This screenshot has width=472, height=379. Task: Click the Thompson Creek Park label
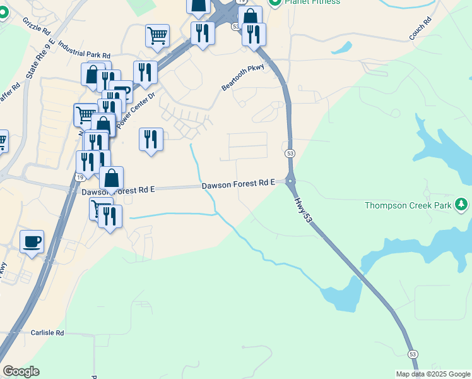410,205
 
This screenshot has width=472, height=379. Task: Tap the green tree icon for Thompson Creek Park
462,204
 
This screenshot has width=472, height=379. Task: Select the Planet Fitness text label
312,2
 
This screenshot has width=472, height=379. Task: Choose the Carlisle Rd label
47,332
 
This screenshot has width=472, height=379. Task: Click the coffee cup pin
32,241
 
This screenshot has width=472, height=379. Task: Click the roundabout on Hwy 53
290,182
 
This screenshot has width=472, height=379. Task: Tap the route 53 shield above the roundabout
290,153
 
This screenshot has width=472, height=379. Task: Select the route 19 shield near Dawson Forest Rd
80,177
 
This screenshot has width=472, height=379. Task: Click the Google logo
21,371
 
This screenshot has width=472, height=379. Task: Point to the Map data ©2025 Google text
433,374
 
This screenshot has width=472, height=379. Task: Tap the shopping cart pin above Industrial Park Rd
157,35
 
